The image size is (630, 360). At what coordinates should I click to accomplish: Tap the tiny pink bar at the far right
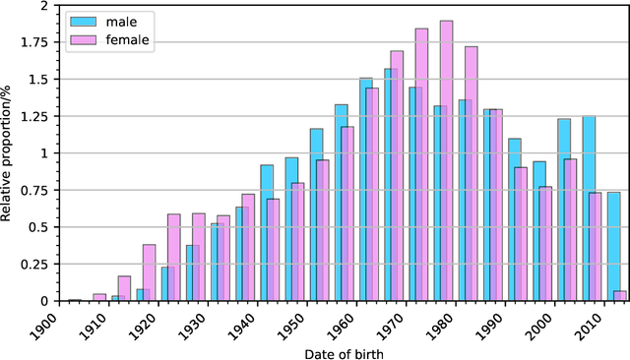coord(619,295)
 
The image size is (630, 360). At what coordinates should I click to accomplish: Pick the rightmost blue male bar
coord(613,246)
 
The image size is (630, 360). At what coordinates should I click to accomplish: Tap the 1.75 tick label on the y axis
coord(33,42)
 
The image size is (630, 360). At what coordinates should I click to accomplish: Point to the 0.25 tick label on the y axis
coord(33,264)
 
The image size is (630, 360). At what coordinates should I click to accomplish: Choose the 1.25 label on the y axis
coord(33,116)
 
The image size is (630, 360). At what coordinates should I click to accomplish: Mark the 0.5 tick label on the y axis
coord(36,227)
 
